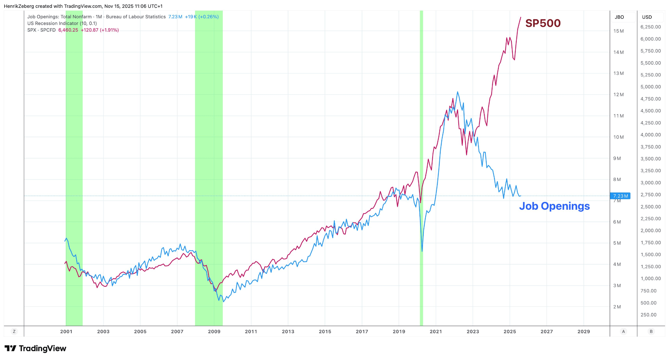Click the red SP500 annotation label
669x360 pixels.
pos(543,23)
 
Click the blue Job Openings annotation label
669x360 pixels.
pos(554,206)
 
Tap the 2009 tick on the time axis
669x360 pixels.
pos(214,332)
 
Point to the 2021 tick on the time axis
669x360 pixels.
pos(436,332)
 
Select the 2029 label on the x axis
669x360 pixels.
pos(583,332)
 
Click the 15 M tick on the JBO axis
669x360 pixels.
pos(618,31)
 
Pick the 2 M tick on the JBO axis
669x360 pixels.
pos(617,307)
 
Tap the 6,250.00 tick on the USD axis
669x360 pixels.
pos(650,27)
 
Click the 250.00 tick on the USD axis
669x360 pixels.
pos(648,315)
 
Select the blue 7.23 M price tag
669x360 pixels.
pos(620,196)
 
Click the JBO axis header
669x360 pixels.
pos(619,17)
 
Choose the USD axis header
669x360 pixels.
pos(647,17)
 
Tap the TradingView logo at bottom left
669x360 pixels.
pos(35,349)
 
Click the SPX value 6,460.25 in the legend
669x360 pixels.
pos(68,30)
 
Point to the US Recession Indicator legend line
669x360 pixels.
pos(62,24)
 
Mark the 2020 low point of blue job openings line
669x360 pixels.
pos(422,251)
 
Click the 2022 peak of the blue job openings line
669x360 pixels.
pos(457,92)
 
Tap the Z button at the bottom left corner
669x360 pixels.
pos(14,332)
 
